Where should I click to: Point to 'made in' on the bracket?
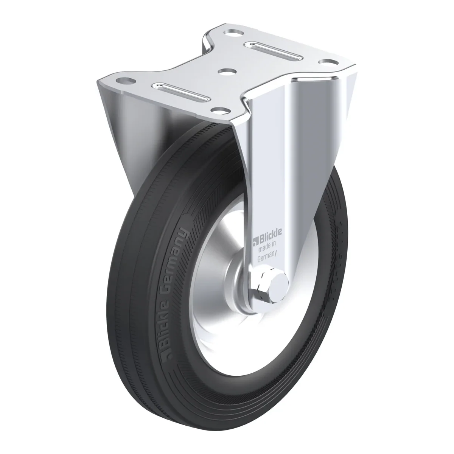click(267, 244)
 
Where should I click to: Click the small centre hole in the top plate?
click(227, 71)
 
